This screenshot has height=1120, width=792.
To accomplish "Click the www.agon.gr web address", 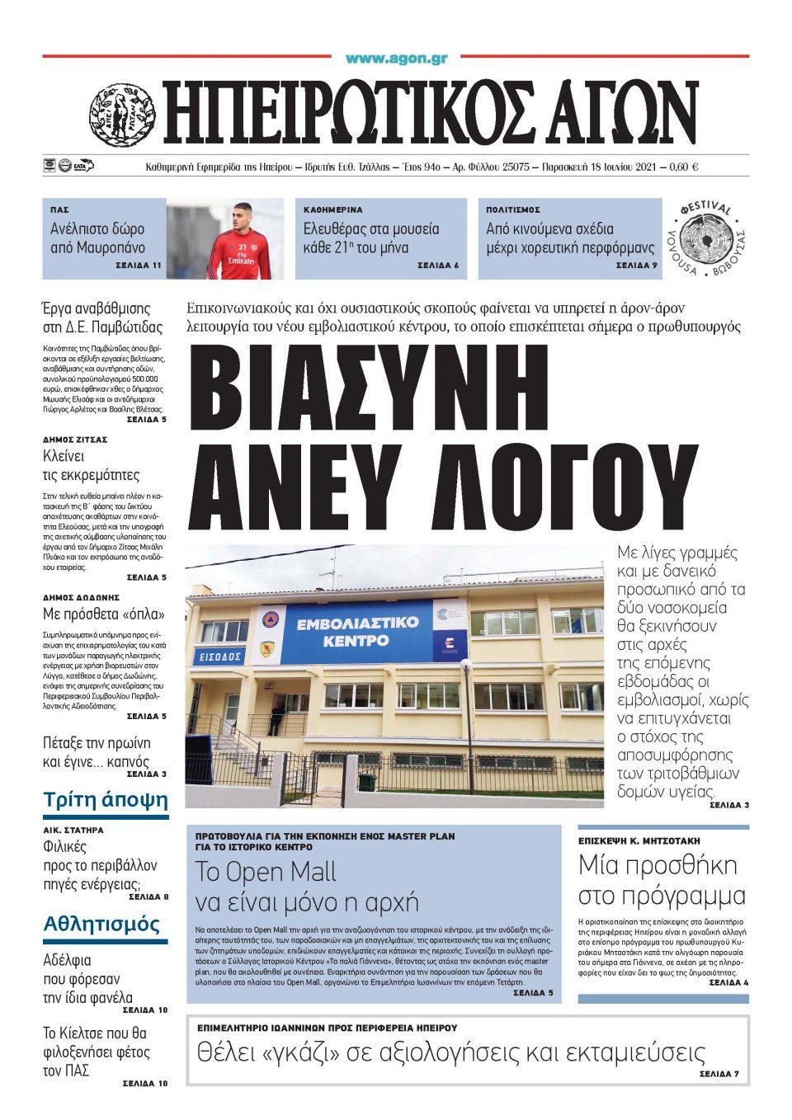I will pos(396,59).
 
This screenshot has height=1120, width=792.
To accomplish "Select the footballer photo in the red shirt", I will pos(225,238).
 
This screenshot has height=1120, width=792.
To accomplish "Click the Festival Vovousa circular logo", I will pos(707,240).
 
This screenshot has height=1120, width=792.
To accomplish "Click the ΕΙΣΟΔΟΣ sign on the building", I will pos(217,656).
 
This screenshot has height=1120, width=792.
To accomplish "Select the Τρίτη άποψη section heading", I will pos(105,799).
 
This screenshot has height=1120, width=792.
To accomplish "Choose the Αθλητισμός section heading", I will pos(101,924).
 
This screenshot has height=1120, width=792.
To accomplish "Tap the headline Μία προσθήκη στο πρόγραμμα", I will pos(662,880).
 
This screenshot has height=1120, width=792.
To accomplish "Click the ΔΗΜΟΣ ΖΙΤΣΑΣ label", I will pos(75,440).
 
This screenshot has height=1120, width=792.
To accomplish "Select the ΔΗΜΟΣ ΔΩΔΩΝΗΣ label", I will pos(81,596).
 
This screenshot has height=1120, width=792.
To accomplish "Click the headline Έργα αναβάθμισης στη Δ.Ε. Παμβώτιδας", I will pos(102,318).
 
